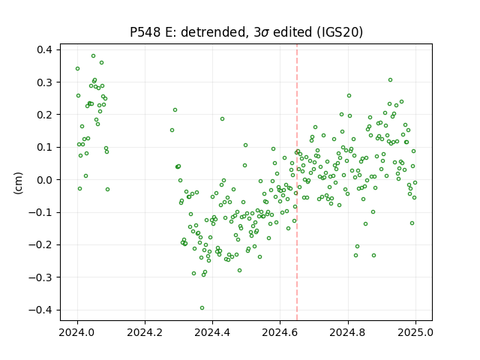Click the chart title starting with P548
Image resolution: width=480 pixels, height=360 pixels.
247,32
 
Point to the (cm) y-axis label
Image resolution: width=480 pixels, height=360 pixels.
18,183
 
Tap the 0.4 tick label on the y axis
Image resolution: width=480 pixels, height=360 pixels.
44,49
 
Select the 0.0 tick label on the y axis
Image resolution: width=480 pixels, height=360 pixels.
44,180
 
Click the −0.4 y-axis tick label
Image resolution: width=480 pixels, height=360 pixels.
40,310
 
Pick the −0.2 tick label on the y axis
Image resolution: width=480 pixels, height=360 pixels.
40,245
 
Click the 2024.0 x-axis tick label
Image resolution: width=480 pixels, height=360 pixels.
77,332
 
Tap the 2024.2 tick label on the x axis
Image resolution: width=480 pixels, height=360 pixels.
145,332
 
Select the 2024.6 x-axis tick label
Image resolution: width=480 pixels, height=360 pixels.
280,332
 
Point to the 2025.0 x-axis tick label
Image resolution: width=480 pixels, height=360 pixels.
415,332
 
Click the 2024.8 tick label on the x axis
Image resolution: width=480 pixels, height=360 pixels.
348,332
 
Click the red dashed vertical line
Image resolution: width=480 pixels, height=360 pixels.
297,182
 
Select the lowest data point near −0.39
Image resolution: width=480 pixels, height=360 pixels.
202,308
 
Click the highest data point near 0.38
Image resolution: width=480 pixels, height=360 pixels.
93,56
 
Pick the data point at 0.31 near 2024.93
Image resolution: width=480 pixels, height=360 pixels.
390,80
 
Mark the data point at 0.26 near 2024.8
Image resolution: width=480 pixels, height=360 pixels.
349,96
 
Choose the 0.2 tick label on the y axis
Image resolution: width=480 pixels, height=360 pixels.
44,115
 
